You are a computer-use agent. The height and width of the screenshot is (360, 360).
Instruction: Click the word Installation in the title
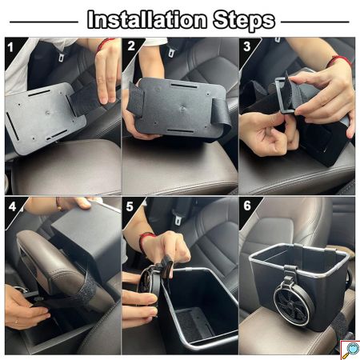[x=147, y=19]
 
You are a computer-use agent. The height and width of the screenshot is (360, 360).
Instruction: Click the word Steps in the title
[x=244, y=20]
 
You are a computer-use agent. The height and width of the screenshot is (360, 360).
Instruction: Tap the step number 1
[x=10, y=47]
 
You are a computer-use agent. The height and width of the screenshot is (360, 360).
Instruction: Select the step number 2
[x=131, y=46]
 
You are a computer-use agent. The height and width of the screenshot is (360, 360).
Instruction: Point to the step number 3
[x=247, y=46]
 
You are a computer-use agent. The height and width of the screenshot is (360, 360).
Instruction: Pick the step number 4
[x=12, y=207]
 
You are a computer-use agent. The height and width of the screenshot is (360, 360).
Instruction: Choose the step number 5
[x=130, y=206]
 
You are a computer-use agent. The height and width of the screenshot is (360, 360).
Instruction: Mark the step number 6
[x=247, y=206]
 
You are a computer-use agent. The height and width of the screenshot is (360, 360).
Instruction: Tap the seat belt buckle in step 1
[x=62, y=55]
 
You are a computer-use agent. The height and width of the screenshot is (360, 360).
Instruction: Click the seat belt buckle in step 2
[x=172, y=50]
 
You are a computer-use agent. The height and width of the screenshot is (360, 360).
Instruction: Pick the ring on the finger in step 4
[x=17, y=322]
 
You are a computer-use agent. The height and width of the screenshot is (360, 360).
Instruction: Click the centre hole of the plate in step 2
[x=182, y=108]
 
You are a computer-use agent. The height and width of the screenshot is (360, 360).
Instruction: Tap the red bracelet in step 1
[x=105, y=43]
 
